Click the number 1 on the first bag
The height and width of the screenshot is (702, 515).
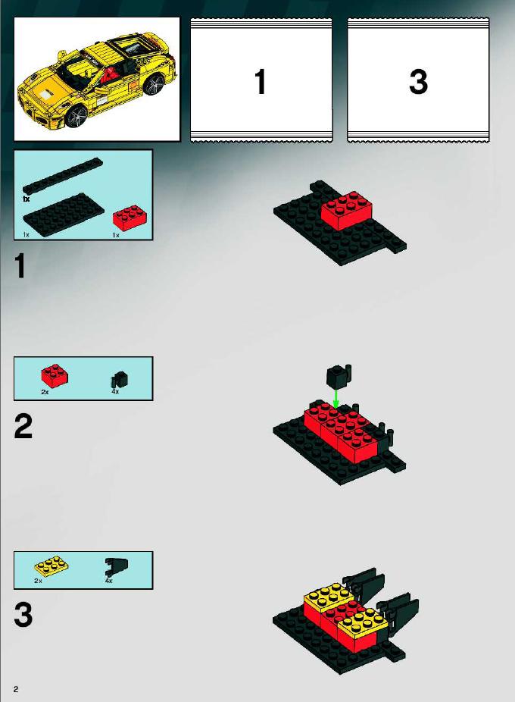pyautogui.click(x=261, y=82)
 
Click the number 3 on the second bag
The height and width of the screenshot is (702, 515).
pyautogui.click(x=418, y=82)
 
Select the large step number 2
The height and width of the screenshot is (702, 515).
pyautogui.click(x=23, y=427)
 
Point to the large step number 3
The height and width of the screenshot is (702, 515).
pyautogui.click(x=23, y=615)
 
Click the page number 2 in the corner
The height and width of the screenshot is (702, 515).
pyautogui.click(x=16, y=689)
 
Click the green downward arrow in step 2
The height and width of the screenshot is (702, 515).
pyautogui.click(x=336, y=398)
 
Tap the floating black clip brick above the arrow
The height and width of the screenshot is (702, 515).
pyautogui.click(x=339, y=376)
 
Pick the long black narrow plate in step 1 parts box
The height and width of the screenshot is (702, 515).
pyautogui.click(x=63, y=176)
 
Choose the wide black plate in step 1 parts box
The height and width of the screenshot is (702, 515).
pyautogui.click(x=64, y=214)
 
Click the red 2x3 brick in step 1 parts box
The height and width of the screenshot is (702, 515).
pyautogui.click(x=129, y=218)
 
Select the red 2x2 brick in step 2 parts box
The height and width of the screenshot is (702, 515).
pyautogui.click(x=55, y=375)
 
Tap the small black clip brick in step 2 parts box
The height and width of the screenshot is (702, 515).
pyautogui.click(x=119, y=380)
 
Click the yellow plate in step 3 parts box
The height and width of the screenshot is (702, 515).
pyautogui.click(x=51, y=566)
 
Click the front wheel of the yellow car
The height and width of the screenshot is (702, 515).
pyautogui.click(x=77, y=115)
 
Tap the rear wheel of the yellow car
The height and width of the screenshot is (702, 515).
pyautogui.click(x=154, y=85)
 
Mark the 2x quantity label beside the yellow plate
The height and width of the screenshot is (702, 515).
pyautogui.click(x=38, y=581)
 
